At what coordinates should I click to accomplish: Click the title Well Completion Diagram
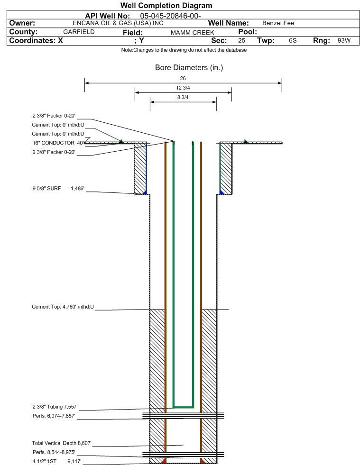166,6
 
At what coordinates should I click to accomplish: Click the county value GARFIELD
79,32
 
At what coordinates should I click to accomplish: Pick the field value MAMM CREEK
192,32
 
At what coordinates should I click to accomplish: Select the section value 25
241,41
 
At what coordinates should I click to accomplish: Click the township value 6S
293,41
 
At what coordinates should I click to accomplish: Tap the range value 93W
344,41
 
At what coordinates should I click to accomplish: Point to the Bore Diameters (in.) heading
189,68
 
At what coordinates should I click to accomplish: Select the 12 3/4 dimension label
183,88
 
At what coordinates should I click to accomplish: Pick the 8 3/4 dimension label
183,98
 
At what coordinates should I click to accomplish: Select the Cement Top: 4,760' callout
63,307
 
